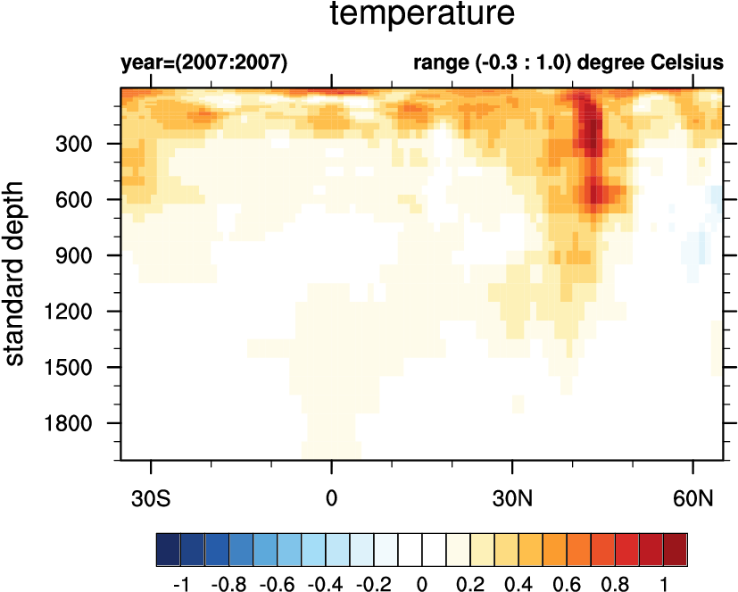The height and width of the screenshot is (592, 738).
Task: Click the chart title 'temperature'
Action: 422,15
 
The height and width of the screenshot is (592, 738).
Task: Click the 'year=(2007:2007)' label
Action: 204,63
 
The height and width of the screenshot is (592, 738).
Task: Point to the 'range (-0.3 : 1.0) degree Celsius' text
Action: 568,63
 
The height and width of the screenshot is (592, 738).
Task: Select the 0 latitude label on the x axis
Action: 332,496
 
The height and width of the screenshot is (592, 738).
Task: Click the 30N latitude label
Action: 512,496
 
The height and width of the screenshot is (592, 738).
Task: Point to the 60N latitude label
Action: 692,496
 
